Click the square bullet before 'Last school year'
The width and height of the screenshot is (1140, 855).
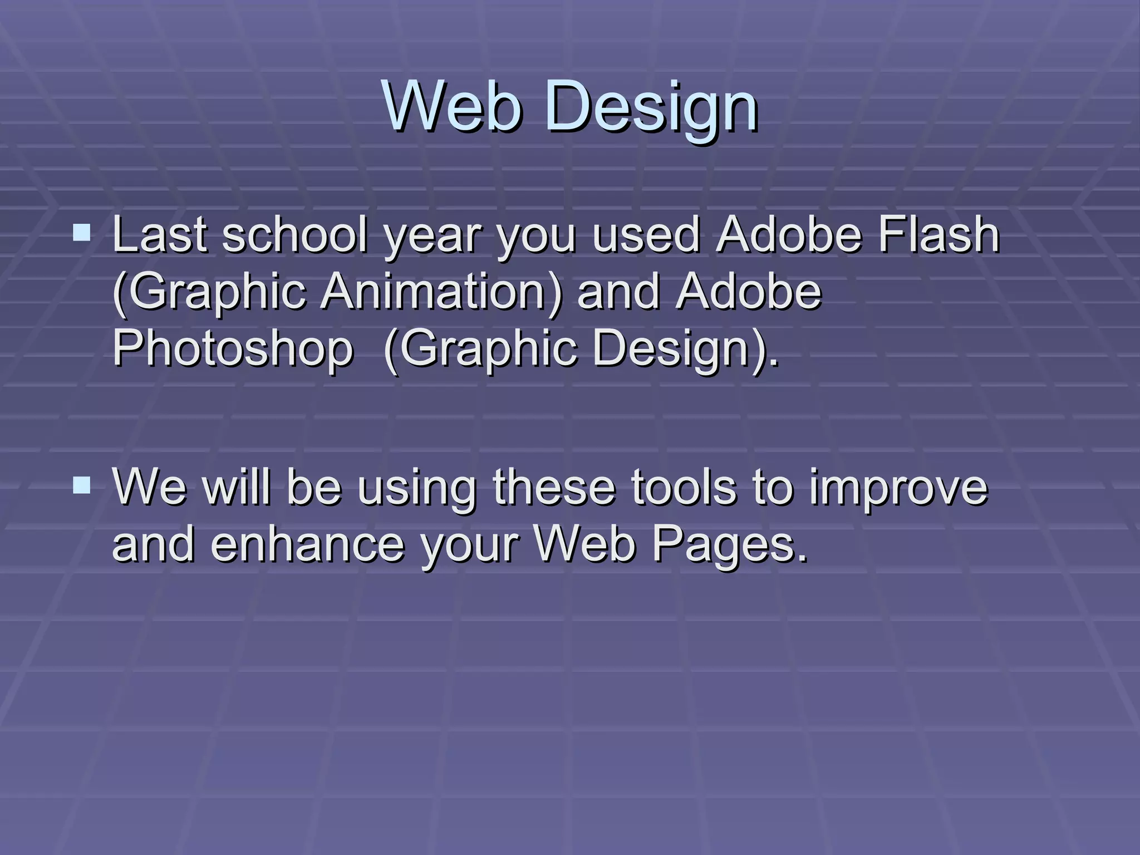point(82,232)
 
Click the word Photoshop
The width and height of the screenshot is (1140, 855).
point(233,348)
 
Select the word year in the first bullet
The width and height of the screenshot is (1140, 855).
point(432,237)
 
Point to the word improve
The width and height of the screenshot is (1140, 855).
point(898,489)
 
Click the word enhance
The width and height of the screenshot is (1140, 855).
point(307,544)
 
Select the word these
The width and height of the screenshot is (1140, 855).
point(553,488)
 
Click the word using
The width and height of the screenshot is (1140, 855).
point(416,489)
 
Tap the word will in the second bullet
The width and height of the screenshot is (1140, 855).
point(237,488)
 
